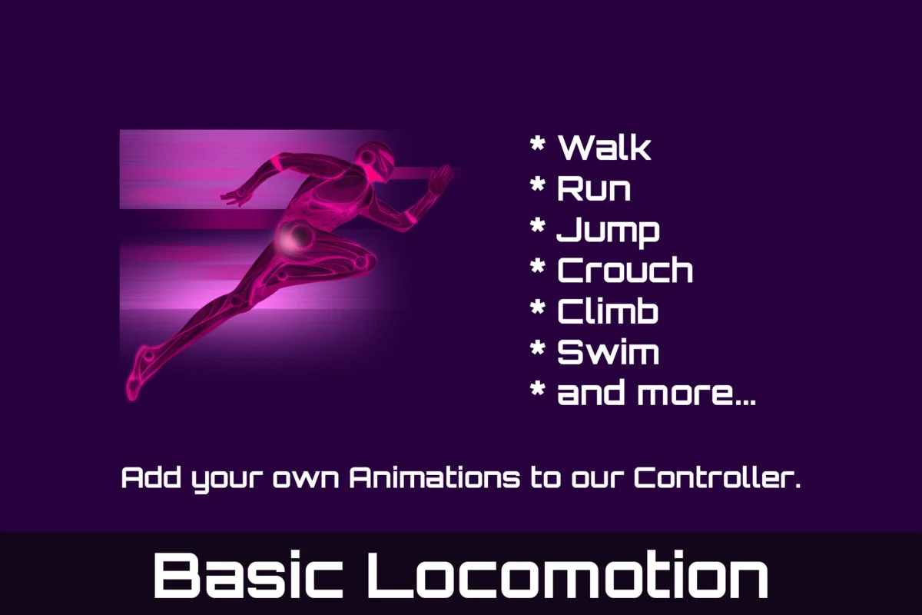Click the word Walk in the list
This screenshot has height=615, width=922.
pyautogui.click(x=605, y=146)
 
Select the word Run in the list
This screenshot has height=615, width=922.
pyautogui.click(x=593, y=188)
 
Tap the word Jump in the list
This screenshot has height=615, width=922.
pyautogui.click(x=607, y=231)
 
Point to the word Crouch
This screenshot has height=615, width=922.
pyautogui.click(x=625, y=271)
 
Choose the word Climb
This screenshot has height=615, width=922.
pyautogui.click(x=607, y=312)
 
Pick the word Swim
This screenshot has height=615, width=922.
pyautogui.click(x=608, y=353)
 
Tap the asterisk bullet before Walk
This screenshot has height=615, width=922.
pyautogui.click(x=538, y=144)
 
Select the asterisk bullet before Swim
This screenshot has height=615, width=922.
pyautogui.click(x=538, y=350)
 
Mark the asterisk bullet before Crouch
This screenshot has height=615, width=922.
pyautogui.click(x=538, y=268)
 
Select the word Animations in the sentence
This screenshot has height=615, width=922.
pyautogui.click(x=434, y=479)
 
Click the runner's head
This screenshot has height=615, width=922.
pyautogui.click(x=379, y=160)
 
